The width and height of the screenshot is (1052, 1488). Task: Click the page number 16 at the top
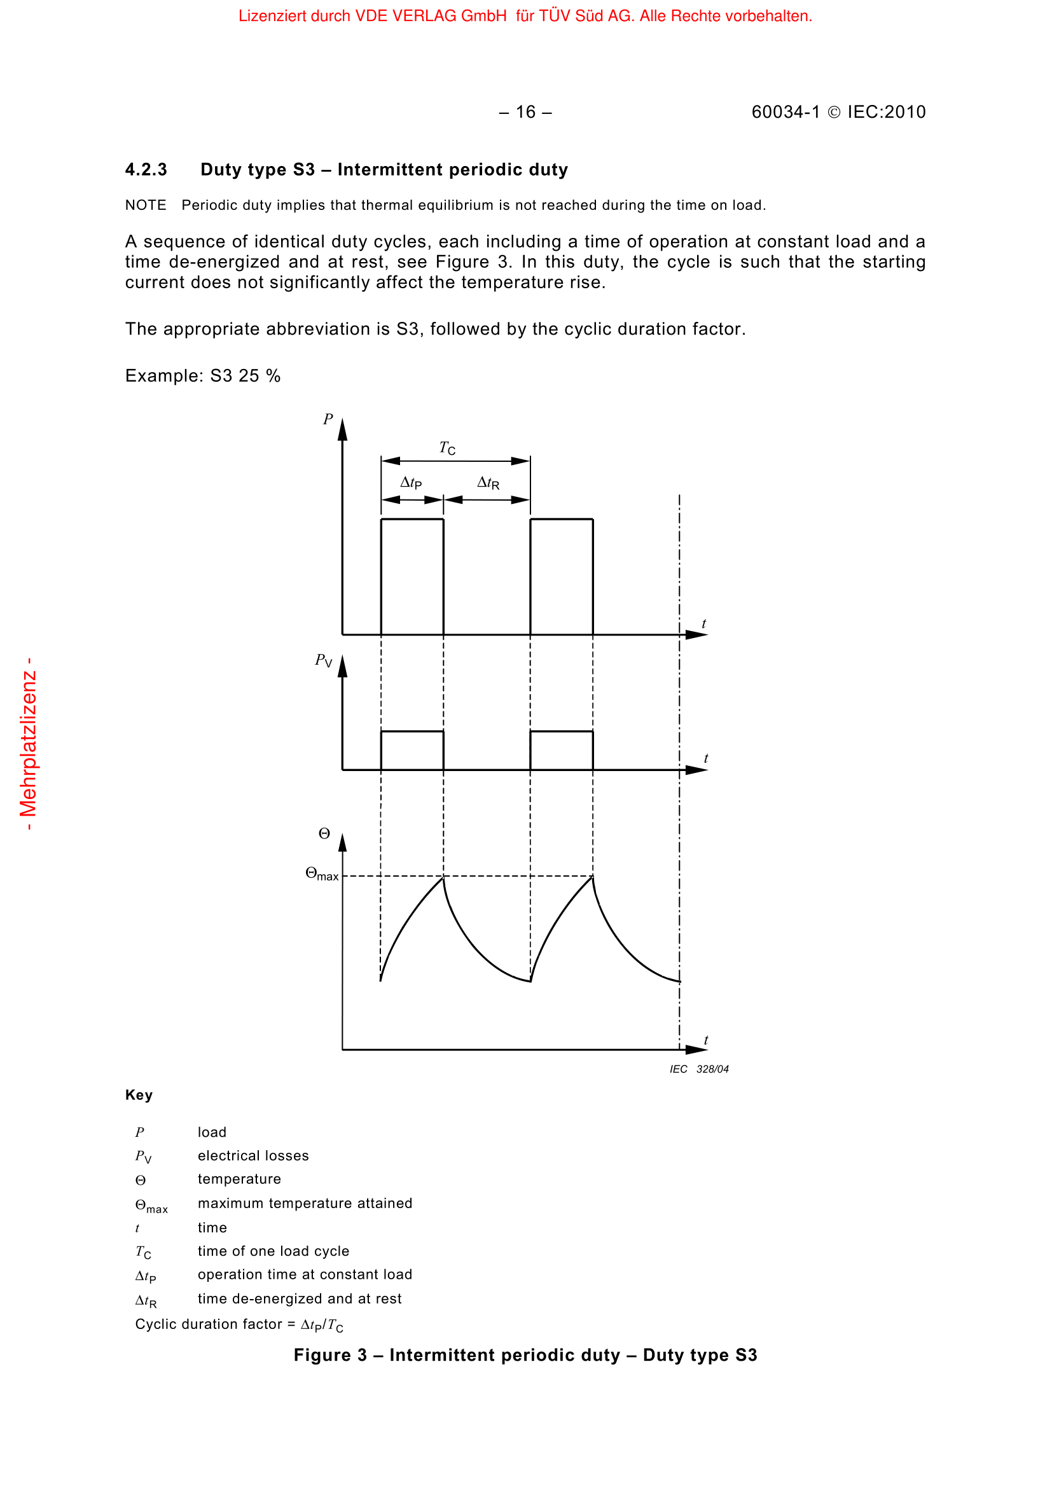pos(525,112)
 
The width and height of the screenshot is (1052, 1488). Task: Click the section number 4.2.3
pos(146,170)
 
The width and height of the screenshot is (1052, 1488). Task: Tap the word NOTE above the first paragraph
pos(145,205)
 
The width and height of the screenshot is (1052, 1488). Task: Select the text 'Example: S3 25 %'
pos(203,376)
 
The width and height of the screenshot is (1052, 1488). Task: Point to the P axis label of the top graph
pos(328,419)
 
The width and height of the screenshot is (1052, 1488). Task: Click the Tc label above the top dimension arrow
pos(447,448)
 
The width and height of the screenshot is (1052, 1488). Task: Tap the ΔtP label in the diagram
pos(411,482)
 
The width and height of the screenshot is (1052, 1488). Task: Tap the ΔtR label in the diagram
pos(488,482)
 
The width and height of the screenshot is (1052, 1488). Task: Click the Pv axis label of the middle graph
pos(323,660)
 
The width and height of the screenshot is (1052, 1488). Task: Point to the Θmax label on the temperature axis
pos(321,874)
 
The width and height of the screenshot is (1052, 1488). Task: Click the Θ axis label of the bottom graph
pos(324,834)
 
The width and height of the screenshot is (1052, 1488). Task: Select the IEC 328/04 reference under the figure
pos(699,1069)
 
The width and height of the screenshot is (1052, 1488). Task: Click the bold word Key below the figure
pos(139,1095)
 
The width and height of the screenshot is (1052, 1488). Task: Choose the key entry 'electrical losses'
pos(253,1155)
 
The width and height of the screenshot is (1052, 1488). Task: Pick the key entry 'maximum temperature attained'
pos(305,1203)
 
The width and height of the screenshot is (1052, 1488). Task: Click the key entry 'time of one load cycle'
pos(273,1251)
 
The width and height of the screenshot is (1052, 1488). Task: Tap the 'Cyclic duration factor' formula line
pos(239,1324)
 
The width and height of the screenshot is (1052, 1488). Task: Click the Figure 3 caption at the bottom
pos(525,1355)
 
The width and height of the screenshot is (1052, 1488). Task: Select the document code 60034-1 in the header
pos(785,112)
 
